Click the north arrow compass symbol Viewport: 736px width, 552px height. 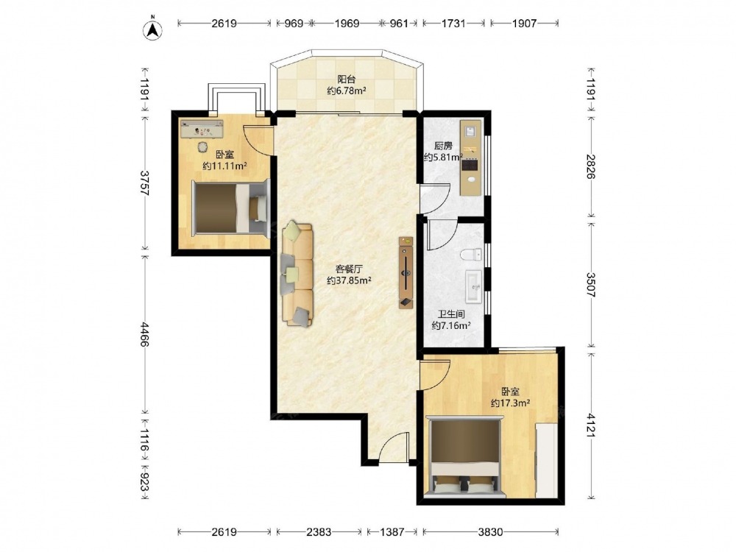coord(152,29)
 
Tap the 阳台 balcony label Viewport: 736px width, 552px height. coord(347,79)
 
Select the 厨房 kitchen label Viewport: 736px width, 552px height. coord(443,146)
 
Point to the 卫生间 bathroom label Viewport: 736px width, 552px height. coord(451,314)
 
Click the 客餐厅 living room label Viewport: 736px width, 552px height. coord(349,269)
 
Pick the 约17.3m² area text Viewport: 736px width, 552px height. coord(510,403)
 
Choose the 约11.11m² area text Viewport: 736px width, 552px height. coord(224,166)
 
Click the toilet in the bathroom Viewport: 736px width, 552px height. coord(471,255)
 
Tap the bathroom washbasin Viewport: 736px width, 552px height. coord(473,286)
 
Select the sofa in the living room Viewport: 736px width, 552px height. coord(297,275)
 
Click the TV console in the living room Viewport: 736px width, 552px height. coord(406,273)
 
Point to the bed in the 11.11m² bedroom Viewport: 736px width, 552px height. coord(231,207)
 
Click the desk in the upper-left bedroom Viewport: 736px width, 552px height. coord(202,129)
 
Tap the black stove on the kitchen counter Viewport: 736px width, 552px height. coord(470,165)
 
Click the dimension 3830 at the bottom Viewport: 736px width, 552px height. coord(490,532)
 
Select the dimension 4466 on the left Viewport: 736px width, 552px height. coord(144,335)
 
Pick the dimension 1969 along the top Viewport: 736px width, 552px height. coord(347,23)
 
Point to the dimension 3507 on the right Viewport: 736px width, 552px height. coord(590,285)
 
